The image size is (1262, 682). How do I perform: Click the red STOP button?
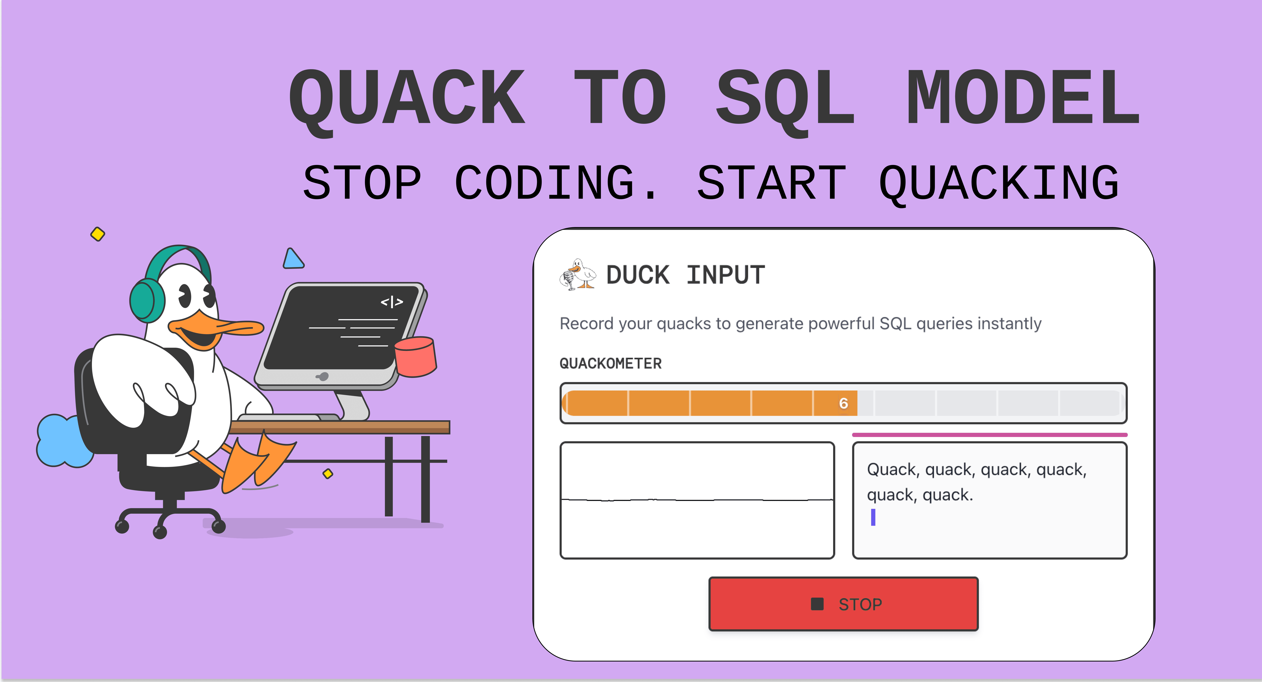[x=843, y=604]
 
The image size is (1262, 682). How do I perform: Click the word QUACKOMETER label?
[x=610, y=363]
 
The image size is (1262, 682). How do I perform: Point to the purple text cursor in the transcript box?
[x=873, y=517]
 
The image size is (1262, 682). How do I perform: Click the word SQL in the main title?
[x=785, y=98]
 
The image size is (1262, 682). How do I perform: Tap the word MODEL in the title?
[x=1023, y=98]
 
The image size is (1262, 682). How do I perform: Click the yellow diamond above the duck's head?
[x=97, y=234]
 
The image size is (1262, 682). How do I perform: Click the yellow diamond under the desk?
[x=328, y=473]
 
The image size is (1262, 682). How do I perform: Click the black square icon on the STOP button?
[x=817, y=604]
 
